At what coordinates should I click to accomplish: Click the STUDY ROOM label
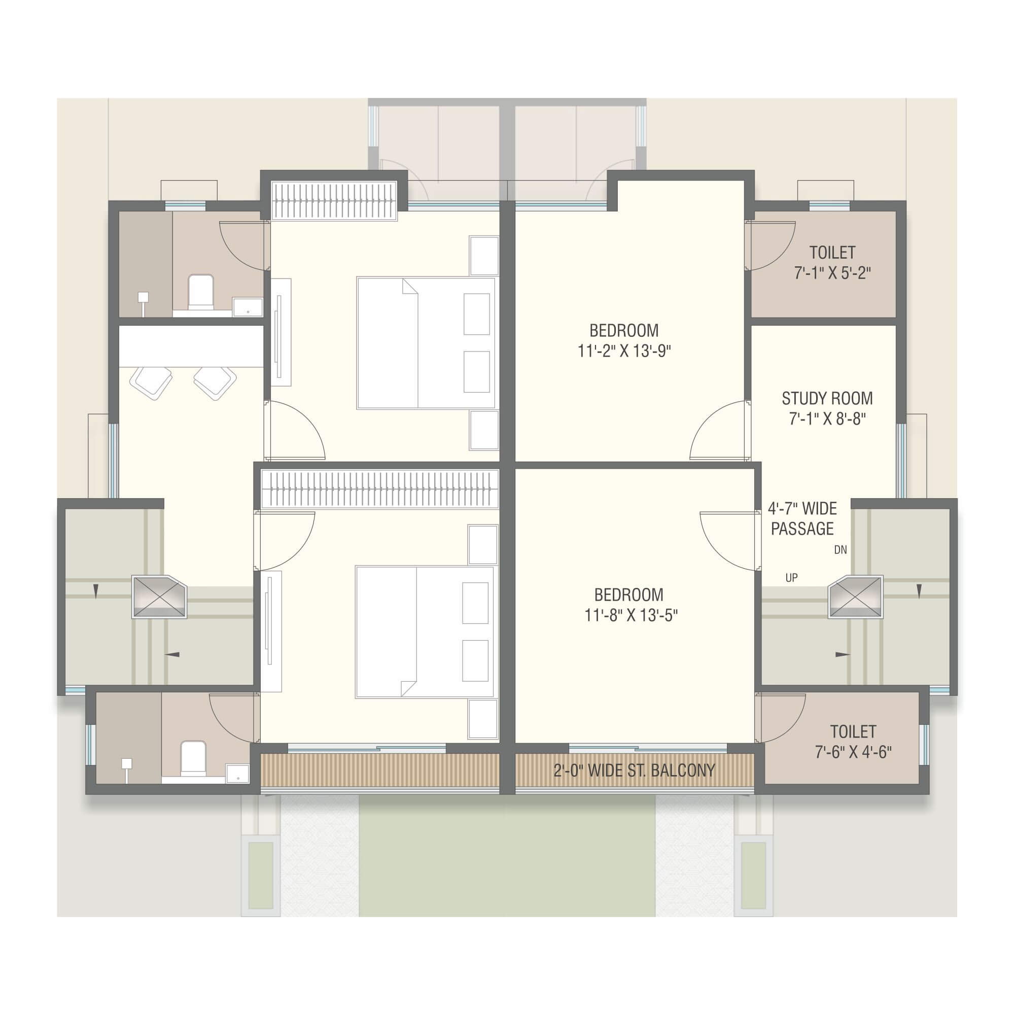[827, 399]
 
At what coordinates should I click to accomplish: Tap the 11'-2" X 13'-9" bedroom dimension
[624, 351]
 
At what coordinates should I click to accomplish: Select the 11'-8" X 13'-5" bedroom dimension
[631, 615]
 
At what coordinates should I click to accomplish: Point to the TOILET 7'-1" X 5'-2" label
[832, 263]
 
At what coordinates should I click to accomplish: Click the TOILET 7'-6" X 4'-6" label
[853, 742]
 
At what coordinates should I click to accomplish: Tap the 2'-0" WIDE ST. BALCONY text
[634, 771]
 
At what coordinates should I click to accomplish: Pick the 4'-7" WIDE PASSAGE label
[803, 518]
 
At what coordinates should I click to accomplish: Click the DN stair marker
[841, 550]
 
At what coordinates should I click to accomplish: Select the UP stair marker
[792, 578]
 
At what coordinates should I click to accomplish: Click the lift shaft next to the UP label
[856, 598]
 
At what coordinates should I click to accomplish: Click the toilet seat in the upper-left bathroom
[201, 292]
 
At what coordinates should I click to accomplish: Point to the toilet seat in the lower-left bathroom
[193, 758]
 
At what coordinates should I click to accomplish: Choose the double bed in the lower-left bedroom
[425, 632]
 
